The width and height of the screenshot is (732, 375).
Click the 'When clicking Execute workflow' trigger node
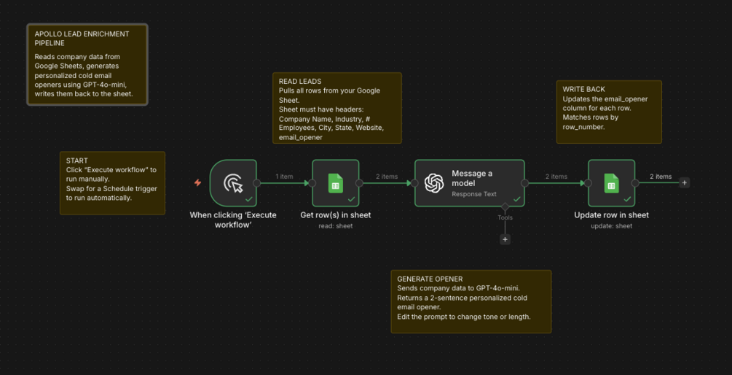pyautogui.click(x=233, y=183)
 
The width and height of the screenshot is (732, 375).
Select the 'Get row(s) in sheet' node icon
pyautogui.click(x=335, y=183)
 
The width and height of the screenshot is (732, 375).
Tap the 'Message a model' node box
pyautogui.click(x=470, y=183)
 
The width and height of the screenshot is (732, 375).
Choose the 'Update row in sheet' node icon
pyautogui.click(x=611, y=183)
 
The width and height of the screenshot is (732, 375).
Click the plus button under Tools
pyautogui.click(x=505, y=239)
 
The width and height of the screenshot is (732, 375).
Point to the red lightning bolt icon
pyautogui.click(x=197, y=183)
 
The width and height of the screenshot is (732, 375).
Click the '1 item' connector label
pyautogui.click(x=284, y=177)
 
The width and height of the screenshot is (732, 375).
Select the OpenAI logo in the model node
pyautogui.click(x=433, y=183)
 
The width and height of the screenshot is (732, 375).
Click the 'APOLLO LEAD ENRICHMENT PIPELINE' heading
pyautogui.click(x=82, y=39)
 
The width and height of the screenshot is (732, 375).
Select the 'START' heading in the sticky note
pyautogui.click(x=76, y=161)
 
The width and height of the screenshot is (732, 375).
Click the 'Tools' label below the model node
pyautogui.click(x=505, y=217)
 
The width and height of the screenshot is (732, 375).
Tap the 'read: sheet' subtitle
pyautogui.click(x=335, y=226)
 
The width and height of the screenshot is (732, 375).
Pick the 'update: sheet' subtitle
pyautogui.click(x=611, y=226)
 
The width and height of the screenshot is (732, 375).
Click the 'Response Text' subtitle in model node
pyautogui.click(x=474, y=193)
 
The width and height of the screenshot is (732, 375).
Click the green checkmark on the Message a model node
pyautogui.click(x=517, y=198)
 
